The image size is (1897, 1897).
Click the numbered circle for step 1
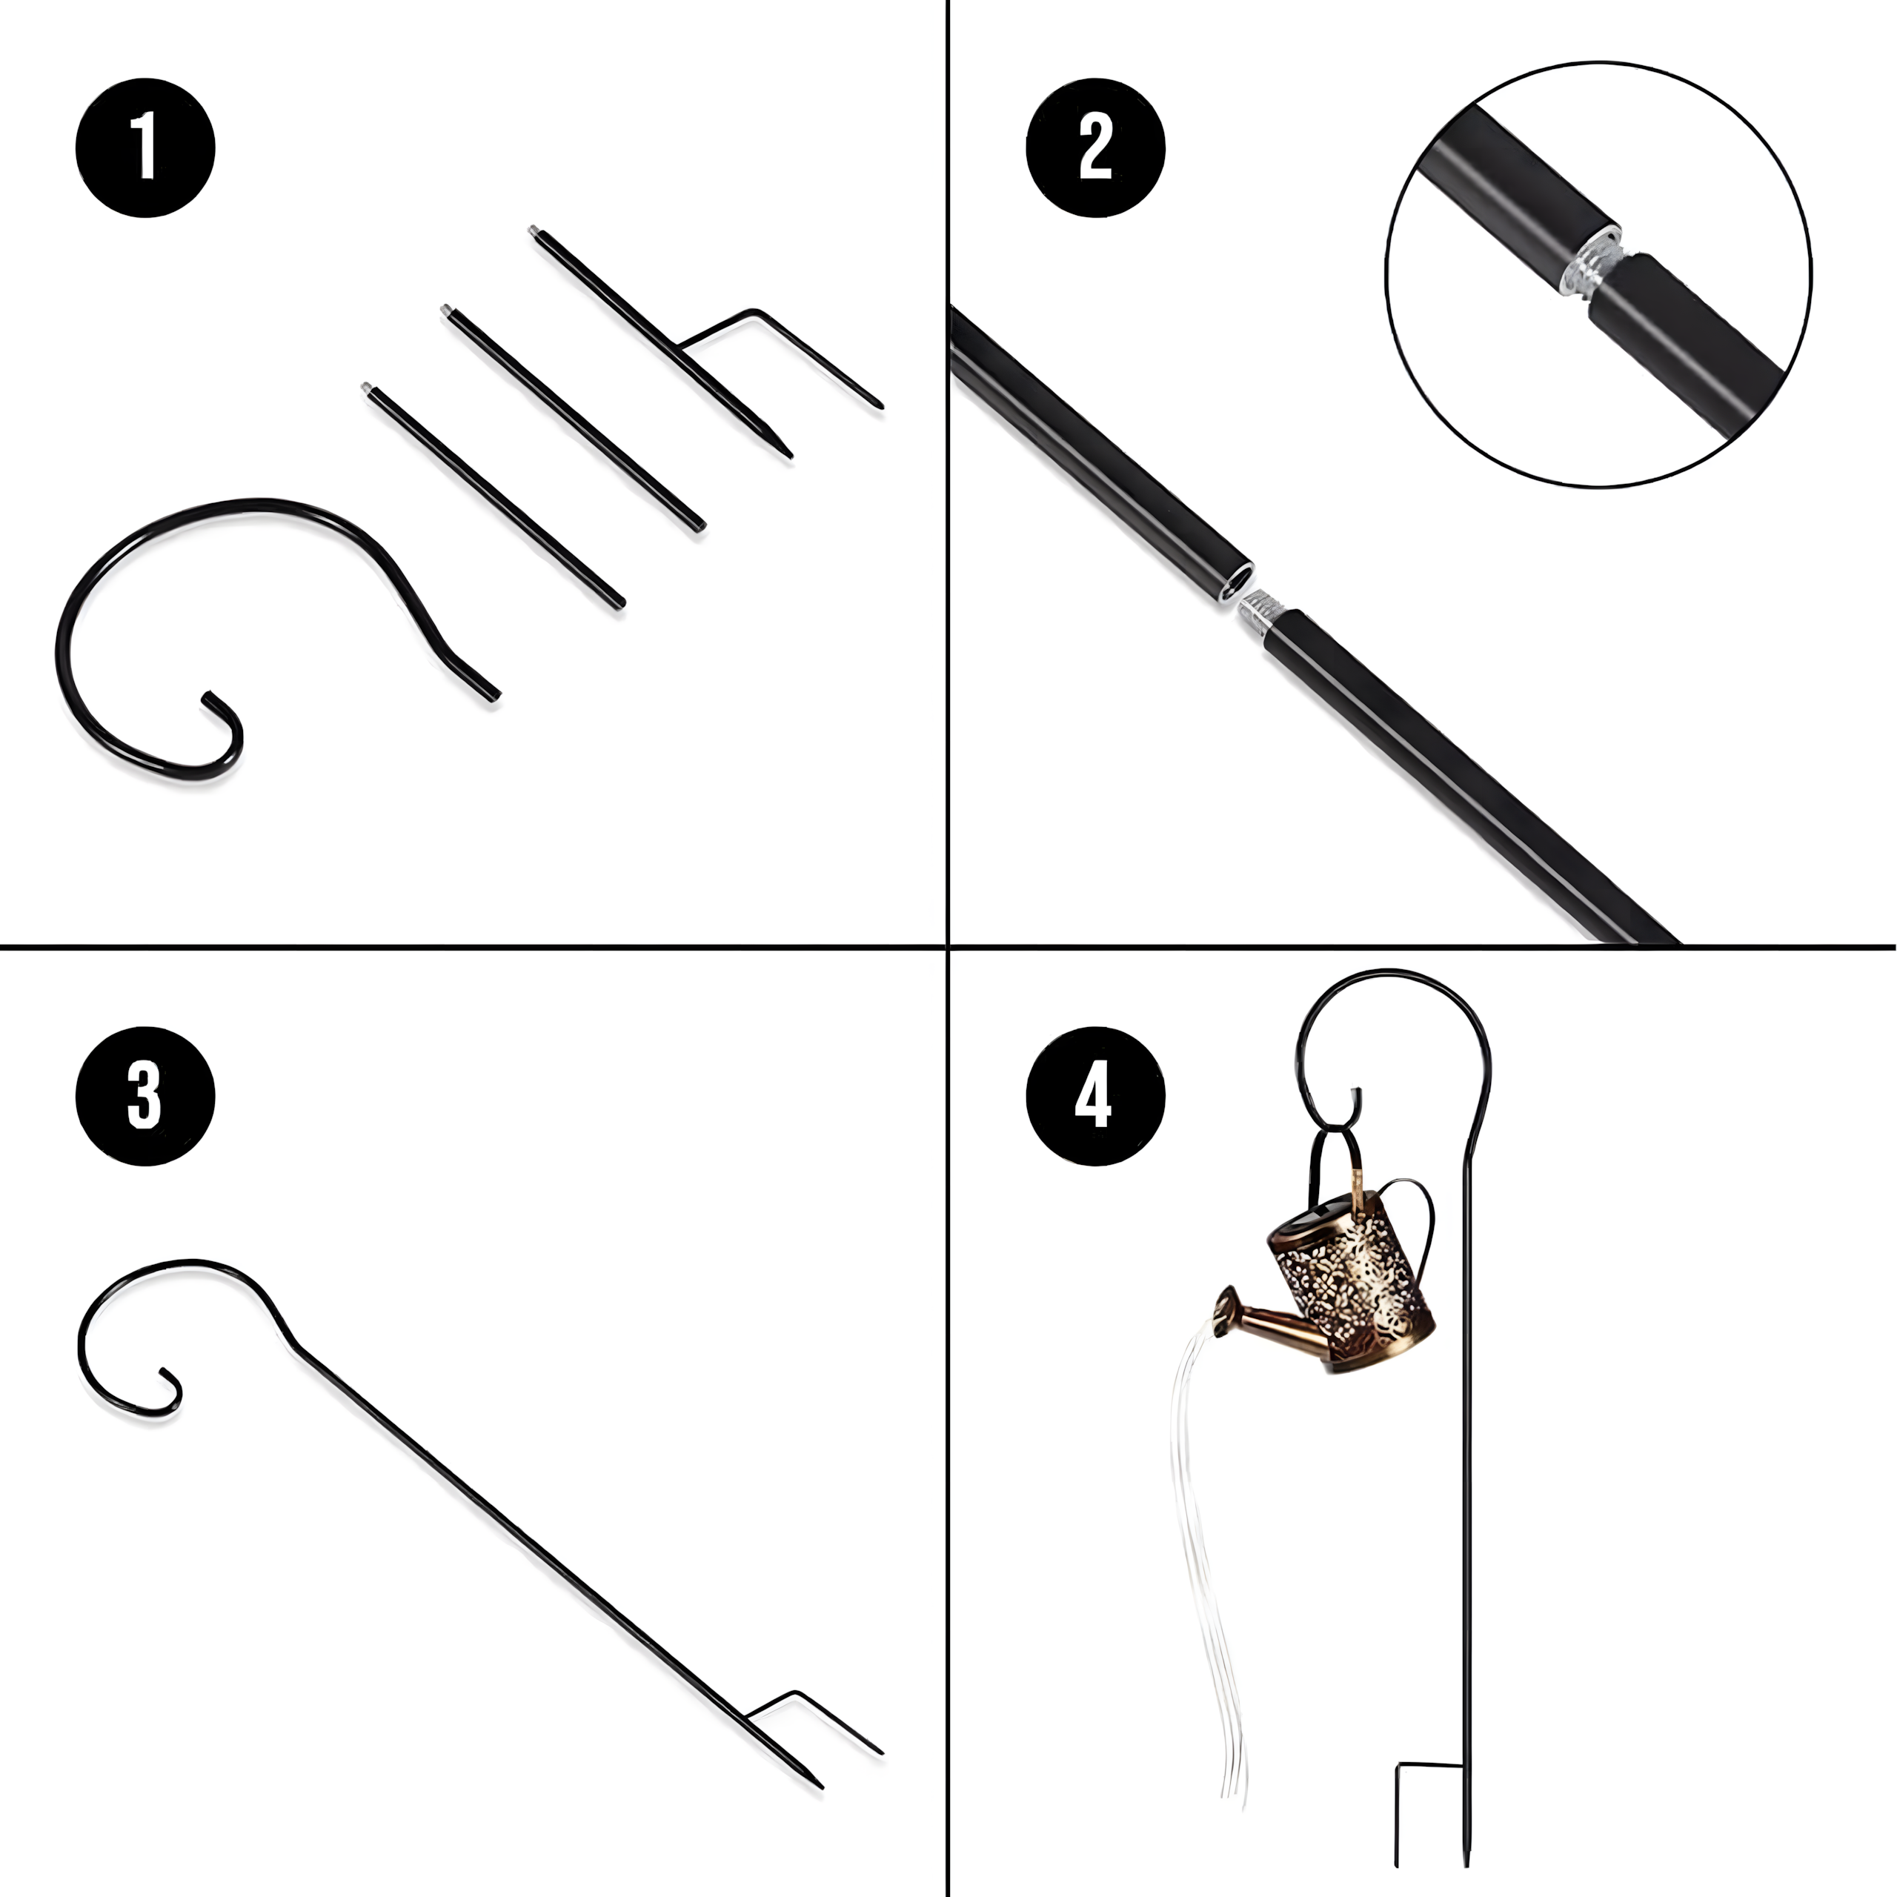point(145,147)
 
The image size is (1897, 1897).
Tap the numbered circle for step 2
point(1094,147)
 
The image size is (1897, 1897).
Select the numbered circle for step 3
point(145,1096)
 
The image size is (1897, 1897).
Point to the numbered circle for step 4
point(1094,1096)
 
